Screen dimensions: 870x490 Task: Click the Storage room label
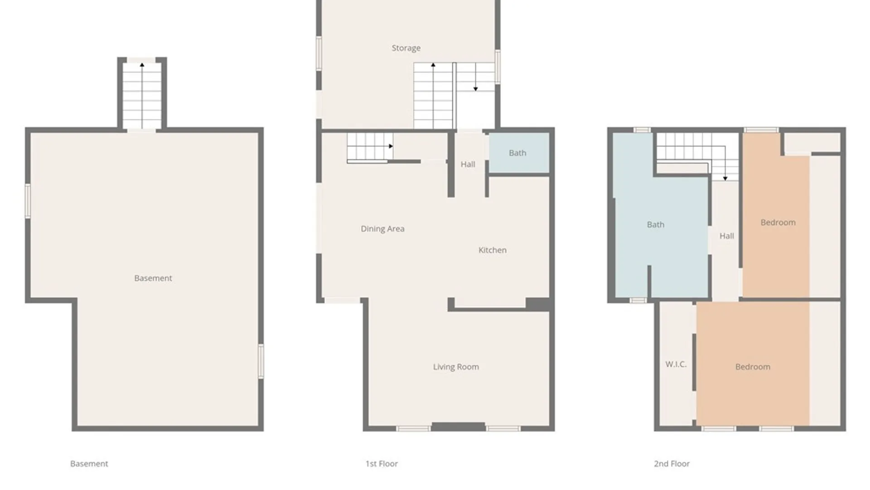406,48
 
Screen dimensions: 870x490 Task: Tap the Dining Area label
382,229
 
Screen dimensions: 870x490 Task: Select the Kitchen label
493,250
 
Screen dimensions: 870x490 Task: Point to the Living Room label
456,367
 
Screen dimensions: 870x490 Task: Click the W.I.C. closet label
676,364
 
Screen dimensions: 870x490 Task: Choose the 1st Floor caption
382,464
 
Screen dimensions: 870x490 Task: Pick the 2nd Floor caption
672,464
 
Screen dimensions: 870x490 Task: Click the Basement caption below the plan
89,464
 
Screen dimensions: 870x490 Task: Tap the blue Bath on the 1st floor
517,153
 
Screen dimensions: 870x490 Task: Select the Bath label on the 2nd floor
656,225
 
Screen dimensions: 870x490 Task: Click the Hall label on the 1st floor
468,164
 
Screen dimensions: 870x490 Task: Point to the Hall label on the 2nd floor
727,236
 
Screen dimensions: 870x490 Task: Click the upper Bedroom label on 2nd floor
778,222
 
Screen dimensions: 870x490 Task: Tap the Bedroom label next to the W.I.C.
753,367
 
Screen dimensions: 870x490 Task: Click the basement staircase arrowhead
142,65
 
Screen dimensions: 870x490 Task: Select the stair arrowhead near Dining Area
391,146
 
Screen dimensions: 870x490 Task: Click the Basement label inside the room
153,278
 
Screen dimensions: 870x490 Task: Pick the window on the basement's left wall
28,201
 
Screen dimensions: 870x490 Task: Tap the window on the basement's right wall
261,361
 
